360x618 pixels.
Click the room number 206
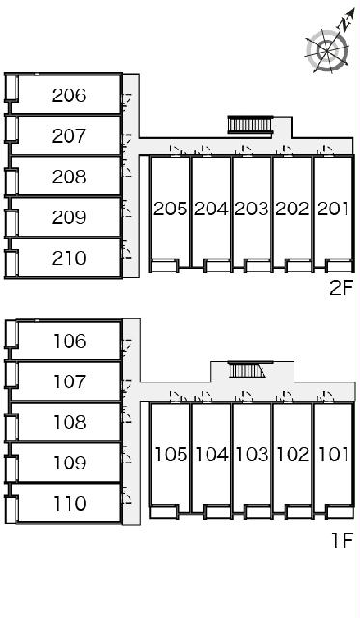tap(69, 96)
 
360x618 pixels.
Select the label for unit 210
tap(69, 258)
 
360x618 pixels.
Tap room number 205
tap(170, 209)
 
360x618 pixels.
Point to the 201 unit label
tap(333, 209)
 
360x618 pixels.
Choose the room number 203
tap(251, 209)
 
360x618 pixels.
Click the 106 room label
tap(69, 341)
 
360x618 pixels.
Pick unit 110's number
tap(69, 504)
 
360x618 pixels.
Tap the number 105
tap(171, 455)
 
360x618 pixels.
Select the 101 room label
tap(333, 455)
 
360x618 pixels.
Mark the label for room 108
tap(69, 422)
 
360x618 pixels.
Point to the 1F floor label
tap(341, 540)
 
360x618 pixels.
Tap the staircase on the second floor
tap(250, 126)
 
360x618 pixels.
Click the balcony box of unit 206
tap(12, 87)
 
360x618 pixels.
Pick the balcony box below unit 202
tap(298, 266)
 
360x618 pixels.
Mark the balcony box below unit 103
tap(258, 512)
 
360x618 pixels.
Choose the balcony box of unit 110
tap(12, 511)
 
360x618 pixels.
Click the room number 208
tap(69, 177)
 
